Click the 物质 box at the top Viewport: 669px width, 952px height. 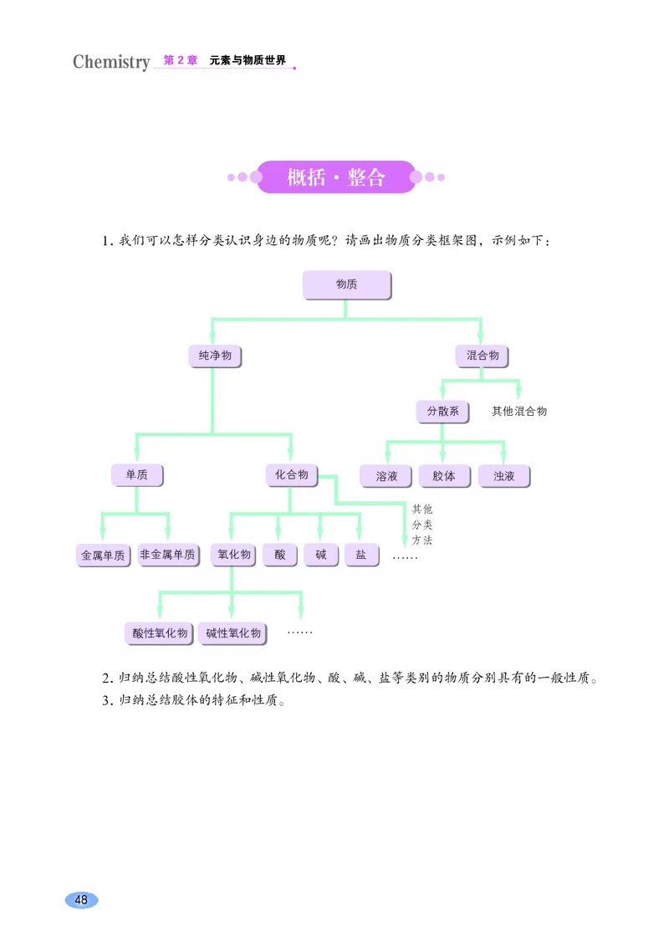click(346, 284)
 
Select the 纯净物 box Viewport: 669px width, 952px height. click(214, 356)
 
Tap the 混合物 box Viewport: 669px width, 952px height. click(482, 356)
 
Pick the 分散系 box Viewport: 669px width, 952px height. click(442, 412)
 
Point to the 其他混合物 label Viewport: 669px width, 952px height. click(518, 412)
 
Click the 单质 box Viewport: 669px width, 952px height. click(136, 475)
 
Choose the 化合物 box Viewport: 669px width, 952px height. click(291, 475)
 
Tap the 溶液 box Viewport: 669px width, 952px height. click(386, 476)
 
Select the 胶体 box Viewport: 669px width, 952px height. click(444, 476)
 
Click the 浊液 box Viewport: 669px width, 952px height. click(503, 476)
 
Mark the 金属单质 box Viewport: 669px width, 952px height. click(103, 555)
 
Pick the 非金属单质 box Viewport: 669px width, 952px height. click(168, 555)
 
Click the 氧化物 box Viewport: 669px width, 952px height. click(234, 555)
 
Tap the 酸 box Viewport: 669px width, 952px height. click(279, 555)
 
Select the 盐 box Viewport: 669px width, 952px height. click(361, 555)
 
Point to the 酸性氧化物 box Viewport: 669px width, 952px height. click(160, 633)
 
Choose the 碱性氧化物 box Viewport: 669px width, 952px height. click(233, 633)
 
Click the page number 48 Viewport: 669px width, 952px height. click(81, 900)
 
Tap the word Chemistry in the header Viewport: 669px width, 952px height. click(111, 62)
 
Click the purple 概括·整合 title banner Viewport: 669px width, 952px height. click(336, 177)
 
